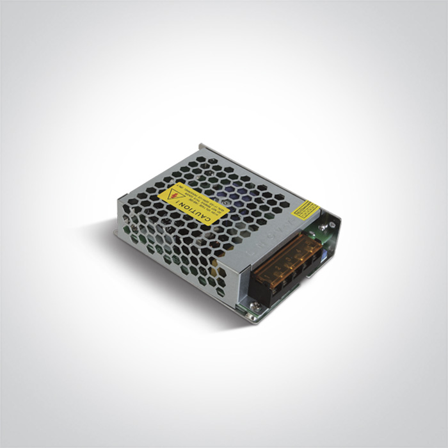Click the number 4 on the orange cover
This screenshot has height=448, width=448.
point(297,251)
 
